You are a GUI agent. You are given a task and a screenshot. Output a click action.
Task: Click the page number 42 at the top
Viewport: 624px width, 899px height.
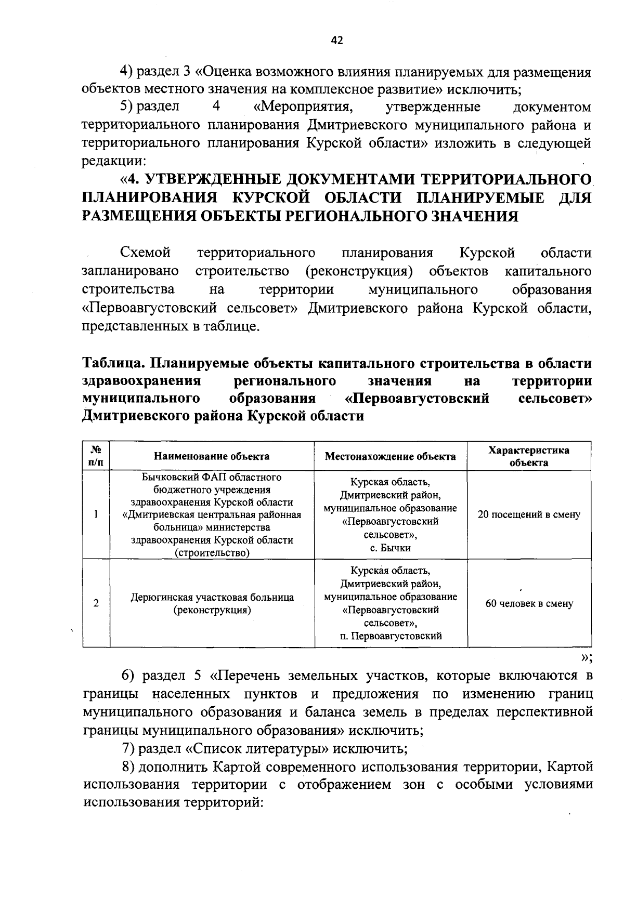tap(337, 41)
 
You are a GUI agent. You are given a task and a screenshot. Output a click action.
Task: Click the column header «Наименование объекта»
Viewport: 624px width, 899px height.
tap(212, 456)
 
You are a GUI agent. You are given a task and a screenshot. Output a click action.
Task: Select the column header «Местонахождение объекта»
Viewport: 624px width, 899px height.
tap(390, 456)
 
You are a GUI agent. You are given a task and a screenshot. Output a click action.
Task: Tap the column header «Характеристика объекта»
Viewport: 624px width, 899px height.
tap(529, 456)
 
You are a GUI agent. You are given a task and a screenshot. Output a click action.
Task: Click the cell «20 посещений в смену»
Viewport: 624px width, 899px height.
tap(529, 515)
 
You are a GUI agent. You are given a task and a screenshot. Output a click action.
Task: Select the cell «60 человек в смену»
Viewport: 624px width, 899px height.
tap(529, 604)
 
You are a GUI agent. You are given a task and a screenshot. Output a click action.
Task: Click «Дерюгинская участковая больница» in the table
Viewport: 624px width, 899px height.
tap(212, 598)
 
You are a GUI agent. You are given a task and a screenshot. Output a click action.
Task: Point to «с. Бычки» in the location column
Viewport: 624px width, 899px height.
tap(390, 548)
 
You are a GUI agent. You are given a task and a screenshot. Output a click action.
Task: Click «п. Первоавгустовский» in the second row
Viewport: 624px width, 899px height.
tap(390, 636)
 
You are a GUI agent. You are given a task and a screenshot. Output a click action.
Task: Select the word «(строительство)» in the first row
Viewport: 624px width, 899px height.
tap(212, 553)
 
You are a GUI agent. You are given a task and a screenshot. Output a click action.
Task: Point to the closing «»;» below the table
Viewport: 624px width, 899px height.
tap(586, 657)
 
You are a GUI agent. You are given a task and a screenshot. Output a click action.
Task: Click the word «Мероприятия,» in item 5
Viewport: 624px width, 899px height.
tap(299, 107)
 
